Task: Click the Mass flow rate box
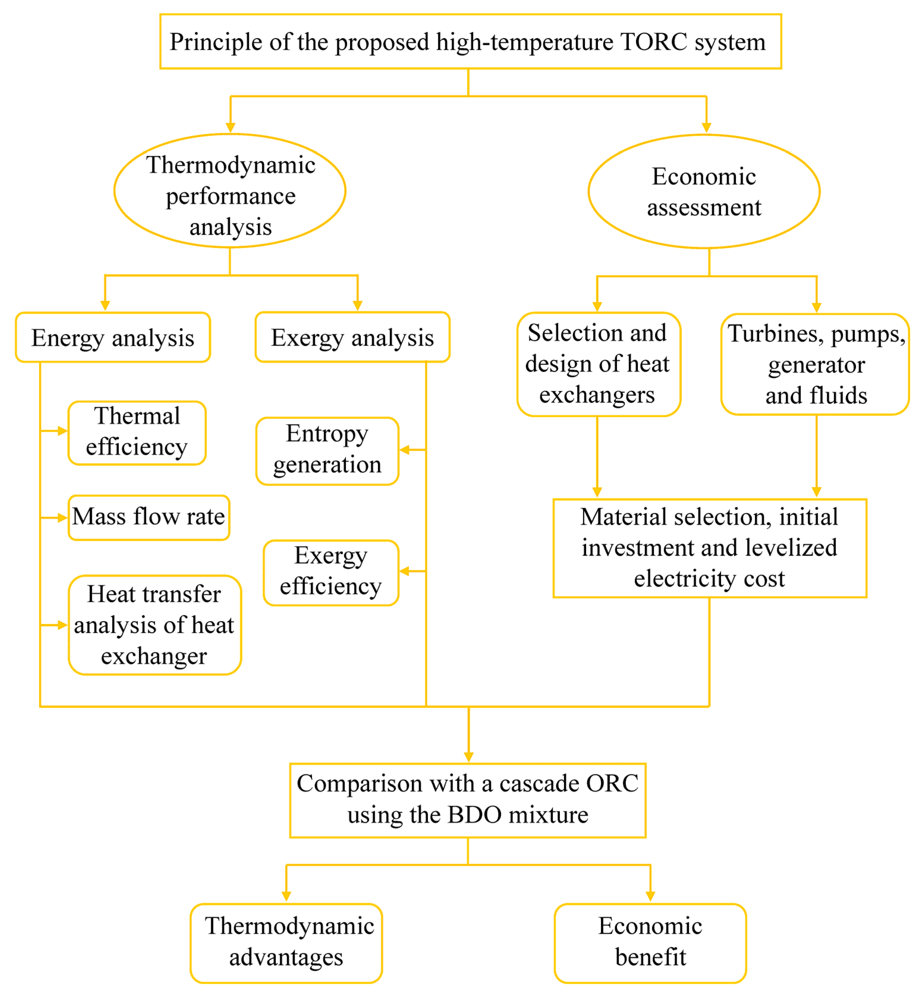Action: click(149, 517)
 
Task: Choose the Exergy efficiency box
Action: click(330, 572)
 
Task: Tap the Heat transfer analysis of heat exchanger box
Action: click(155, 625)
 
